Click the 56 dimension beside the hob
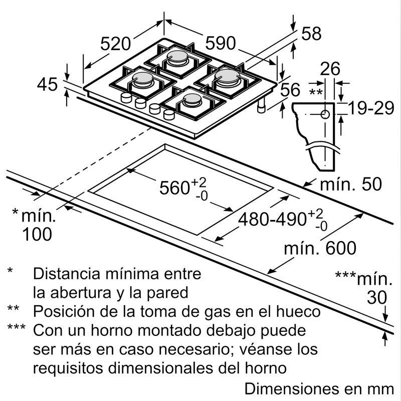[x=290, y=90]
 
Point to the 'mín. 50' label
[x=350, y=184]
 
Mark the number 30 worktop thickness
[x=377, y=298]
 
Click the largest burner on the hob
[x=228, y=77]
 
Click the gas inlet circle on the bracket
[x=325, y=115]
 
